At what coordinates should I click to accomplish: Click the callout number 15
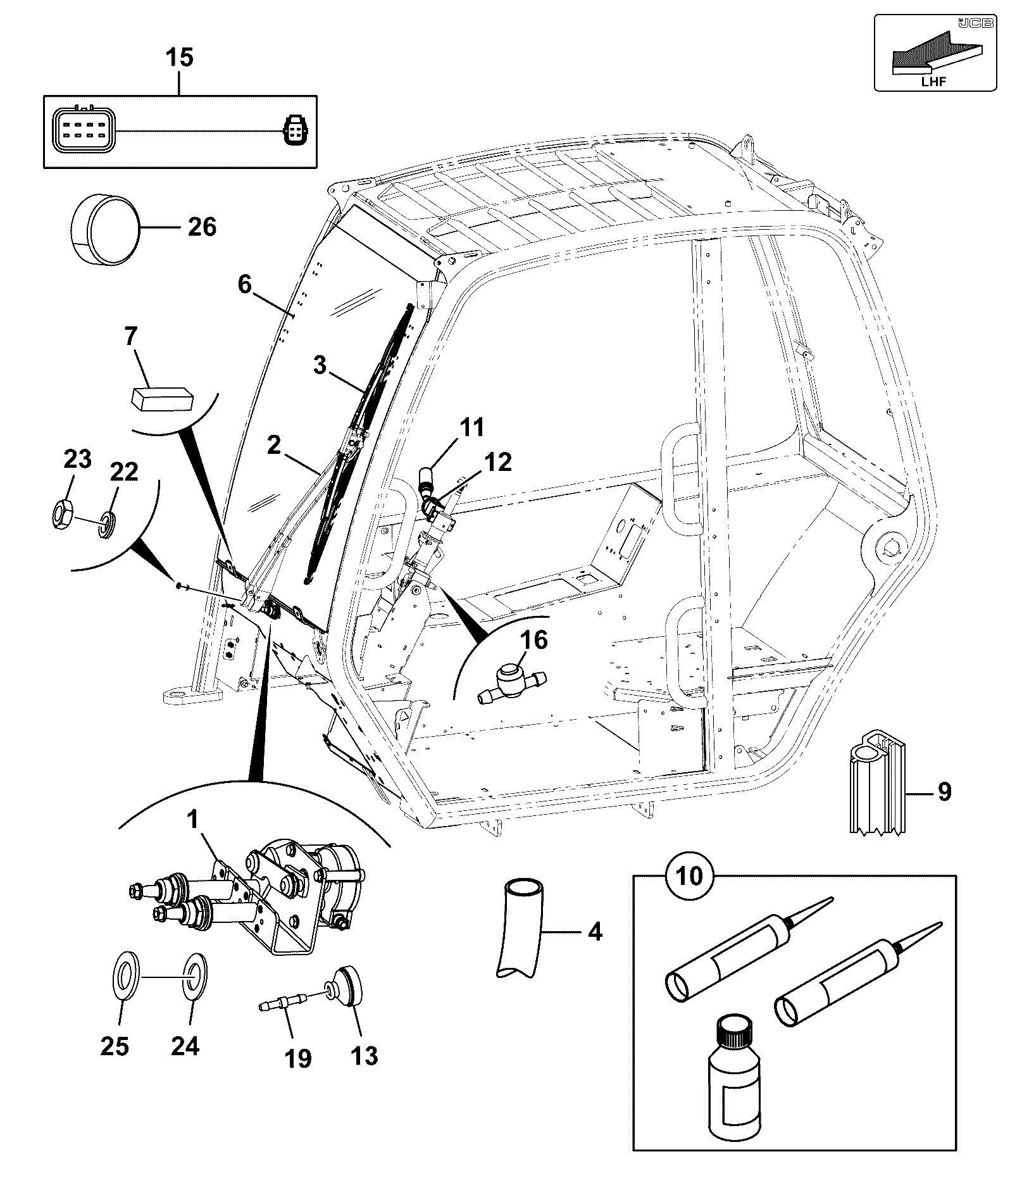click(179, 57)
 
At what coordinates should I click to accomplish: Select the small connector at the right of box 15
click(294, 130)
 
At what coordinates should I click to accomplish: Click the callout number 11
click(471, 427)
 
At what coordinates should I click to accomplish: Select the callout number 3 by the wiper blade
click(320, 365)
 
